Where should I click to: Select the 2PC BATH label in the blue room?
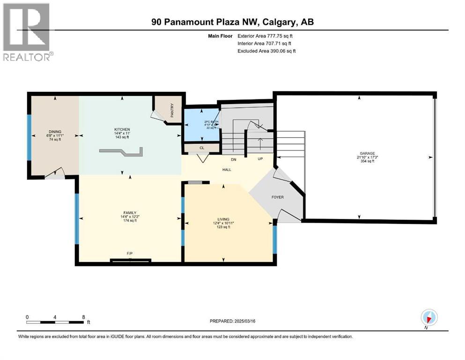[x=211, y=122]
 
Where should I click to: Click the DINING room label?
[x=55, y=132]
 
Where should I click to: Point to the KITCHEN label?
[x=122, y=129]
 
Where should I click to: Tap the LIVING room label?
[x=223, y=218]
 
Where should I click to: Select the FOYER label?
[x=278, y=197]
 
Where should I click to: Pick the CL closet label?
[x=202, y=148]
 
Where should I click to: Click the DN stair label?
[x=233, y=159]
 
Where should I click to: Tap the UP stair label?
[x=261, y=159]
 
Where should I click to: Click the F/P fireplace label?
[x=130, y=254]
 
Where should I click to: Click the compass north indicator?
[x=428, y=317]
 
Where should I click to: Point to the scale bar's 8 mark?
[x=83, y=317]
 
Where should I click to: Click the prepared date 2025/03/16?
[x=232, y=322]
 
